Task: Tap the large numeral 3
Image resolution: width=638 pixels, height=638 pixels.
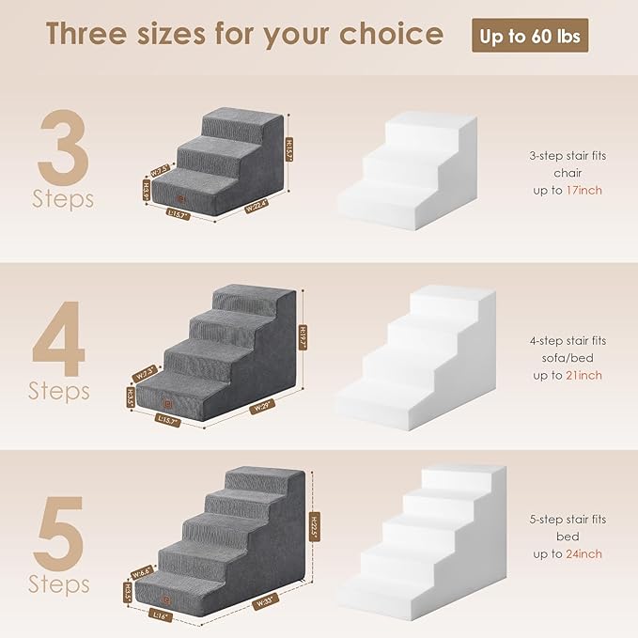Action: (x=63, y=149)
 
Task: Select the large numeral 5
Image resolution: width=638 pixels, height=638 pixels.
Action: (x=61, y=532)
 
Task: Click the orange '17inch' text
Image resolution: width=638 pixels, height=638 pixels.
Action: (x=584, y=190)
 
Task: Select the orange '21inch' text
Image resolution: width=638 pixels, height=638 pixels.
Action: (x=584, y=376)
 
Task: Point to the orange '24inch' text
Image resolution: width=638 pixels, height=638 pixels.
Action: (x=584, y=554)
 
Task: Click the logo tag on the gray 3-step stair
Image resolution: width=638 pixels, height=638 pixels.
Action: (x=181, y=198)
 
